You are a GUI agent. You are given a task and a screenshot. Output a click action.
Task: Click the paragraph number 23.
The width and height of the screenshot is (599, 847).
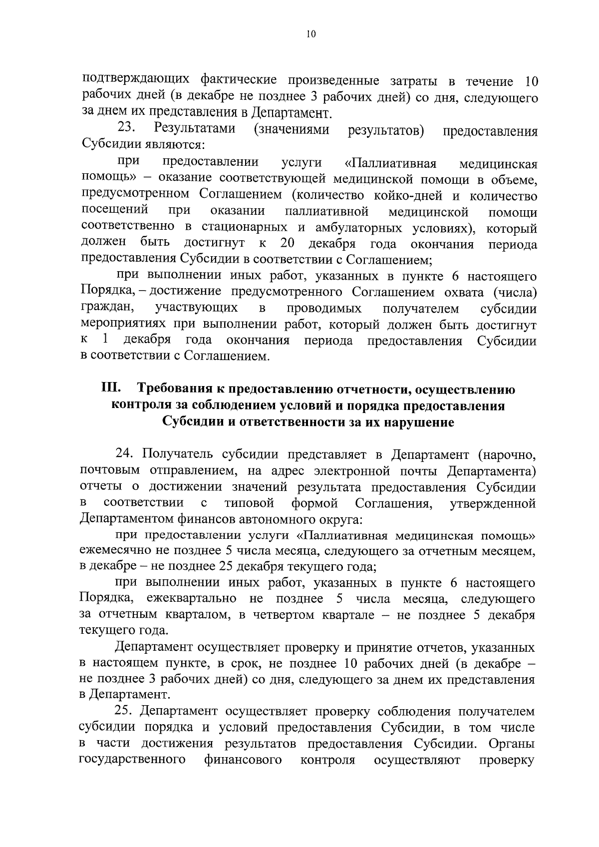[x=127, y=128]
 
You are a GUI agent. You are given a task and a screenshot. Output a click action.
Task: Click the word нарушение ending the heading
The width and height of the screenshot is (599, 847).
[x=418, y=423]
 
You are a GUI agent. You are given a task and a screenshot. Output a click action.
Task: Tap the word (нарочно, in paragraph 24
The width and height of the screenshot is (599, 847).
[x=506, y=454]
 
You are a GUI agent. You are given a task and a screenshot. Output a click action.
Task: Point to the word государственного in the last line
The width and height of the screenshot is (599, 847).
[x=133, y=760]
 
